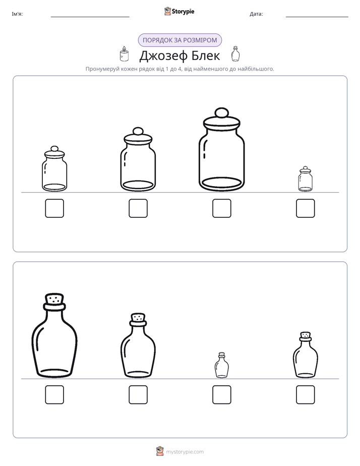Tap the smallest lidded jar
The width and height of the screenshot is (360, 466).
pos(306,179)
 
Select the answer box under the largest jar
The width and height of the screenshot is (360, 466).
pos(221,208)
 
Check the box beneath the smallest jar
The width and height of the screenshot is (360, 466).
pos(306,208)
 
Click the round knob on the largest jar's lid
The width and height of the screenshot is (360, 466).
pos(221,113)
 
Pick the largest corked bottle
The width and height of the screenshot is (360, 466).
pos(54,335)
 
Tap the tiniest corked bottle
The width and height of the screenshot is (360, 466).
pos(221,365)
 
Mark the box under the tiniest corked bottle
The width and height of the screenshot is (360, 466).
pos(221,395)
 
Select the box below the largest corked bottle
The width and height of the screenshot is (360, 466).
pos(54,395)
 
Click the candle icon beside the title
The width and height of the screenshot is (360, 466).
pos(124,54)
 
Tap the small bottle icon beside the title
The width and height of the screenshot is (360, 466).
pos(235,54)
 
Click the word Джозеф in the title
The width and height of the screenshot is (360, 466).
pos(163,56)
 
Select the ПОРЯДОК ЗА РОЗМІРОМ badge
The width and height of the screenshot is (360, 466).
pos(179,40)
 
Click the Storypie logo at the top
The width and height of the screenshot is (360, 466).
pos(179,11)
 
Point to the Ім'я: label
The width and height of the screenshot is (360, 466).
pos(17,14)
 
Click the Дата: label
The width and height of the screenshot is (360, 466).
pos(256,14)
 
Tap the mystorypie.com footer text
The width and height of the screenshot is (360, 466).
pos(185,452)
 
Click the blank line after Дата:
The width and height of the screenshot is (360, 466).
pos(317,17)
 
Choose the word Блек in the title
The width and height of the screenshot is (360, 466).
pos(206,55)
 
